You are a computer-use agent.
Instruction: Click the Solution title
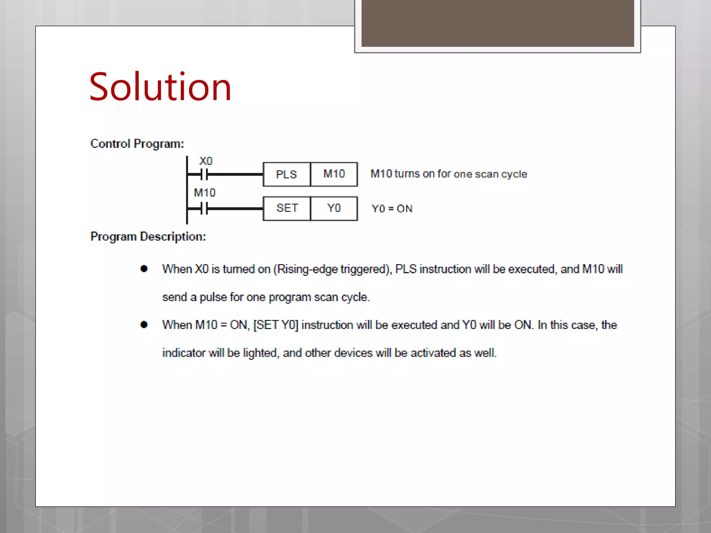[x=160, y=87]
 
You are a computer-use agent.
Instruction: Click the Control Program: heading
[x=137, y=144]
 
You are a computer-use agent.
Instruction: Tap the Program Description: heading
[x=148, y=237]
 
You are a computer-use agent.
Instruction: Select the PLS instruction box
[x=286, y=174]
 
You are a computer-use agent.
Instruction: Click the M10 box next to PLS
[x=334, y=174]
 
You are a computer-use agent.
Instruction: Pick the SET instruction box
[x=287, y=208]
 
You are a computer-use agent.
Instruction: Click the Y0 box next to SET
[x=334, y=208]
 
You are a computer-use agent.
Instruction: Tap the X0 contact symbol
[x=204, y=175]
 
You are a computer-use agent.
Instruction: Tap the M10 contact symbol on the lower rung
[x=204, y=209]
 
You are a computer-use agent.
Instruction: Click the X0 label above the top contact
[x=206, y=161]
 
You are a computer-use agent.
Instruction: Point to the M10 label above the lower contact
[x=204, y=193]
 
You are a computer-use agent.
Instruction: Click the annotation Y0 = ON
[x=392, y=209]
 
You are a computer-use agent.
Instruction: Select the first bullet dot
[x=144, y=269]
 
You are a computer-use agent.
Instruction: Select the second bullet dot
[x=144, y=324]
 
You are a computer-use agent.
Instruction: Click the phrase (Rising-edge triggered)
[x=332, y=269]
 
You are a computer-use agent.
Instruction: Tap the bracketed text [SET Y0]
[x=276, y=325]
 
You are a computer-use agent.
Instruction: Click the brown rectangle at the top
[x=497, y=23]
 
